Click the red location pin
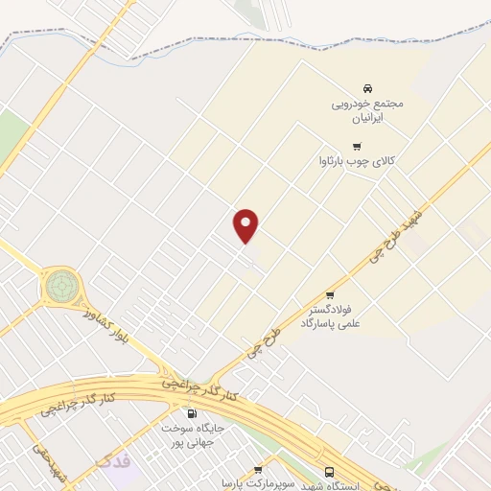pos(246,224)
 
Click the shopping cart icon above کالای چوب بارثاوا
pos(358,147)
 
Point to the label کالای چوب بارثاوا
pos(359,162)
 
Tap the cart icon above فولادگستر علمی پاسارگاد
pos(330,294)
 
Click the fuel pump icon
pos(191,414)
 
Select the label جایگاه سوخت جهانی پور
pos(192,435)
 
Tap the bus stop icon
pos(330,472)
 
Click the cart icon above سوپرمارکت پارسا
pos(257,470)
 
